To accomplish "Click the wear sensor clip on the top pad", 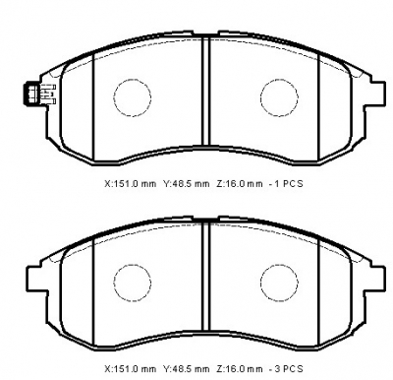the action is coord(39,95).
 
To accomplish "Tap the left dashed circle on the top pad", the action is coord(114,97).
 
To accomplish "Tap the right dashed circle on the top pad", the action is coord(260,97).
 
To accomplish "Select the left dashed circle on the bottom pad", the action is coord(114,283).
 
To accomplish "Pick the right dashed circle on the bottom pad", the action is coord(260,283).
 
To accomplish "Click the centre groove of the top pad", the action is coord(205,92).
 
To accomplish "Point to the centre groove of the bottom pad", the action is coord(205,277).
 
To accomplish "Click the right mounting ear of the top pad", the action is coord(378,94).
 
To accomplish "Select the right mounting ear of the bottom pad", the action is coord(378,279).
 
